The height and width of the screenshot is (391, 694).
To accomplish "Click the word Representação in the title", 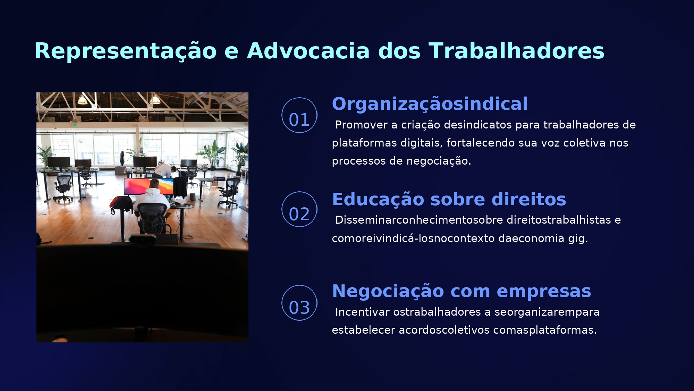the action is (126, 51).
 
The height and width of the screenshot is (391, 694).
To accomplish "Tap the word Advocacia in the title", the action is (308, 51).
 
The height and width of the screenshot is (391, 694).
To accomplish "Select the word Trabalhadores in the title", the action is (516, 51).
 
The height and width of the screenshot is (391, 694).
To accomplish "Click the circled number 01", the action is (299, 115).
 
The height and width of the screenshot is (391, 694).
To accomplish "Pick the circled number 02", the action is (299, 209).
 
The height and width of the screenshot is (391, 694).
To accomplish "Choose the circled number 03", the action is (299, 303).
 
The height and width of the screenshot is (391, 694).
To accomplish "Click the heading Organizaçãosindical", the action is (430, 104).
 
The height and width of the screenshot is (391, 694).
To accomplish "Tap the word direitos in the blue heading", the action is (529, 199).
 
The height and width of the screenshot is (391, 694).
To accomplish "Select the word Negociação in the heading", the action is (388, 291).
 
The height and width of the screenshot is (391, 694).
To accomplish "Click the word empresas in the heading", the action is (544, 291).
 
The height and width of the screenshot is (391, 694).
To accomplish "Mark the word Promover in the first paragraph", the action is (362, 125).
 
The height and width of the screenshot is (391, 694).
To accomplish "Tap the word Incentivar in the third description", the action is (363, 312).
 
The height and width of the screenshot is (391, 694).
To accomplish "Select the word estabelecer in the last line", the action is (363, 330).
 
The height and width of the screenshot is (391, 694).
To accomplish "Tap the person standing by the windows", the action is (122, 158).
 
